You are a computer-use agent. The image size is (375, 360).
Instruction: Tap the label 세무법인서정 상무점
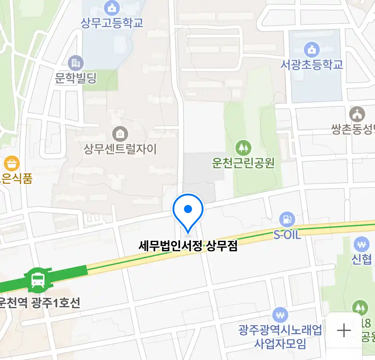(x=188, y=246)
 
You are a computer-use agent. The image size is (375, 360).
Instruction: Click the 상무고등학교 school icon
(x=112, y=8)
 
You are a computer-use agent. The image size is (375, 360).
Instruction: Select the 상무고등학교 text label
(x=112, y=23)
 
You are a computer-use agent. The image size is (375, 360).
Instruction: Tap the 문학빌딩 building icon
(x=76, y=63)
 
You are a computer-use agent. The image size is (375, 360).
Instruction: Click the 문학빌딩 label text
(x=76, y=78)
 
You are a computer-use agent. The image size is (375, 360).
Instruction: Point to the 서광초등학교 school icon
(x=311, y=49)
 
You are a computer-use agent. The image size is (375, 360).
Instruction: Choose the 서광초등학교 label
(x=311, y=64)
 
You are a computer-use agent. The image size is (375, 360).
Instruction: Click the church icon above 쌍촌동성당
(x=357, y=114)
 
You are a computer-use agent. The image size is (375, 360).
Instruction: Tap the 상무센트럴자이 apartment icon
(x=120, y=134)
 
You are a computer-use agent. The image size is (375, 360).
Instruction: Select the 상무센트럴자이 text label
(x=120, y=149)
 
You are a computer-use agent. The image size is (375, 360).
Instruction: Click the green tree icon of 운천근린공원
(x=243, y=148)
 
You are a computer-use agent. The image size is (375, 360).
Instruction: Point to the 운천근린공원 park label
(x=243, y=163)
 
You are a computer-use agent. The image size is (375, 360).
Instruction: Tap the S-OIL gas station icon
(x=287, y=219)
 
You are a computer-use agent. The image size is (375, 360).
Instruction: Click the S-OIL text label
(x=287, y=235)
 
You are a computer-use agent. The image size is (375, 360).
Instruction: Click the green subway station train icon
(x=38, y=280)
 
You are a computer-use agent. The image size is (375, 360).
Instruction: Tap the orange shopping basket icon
(x=12, y=164)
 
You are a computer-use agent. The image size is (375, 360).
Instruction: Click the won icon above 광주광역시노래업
(x=280, y=315)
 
